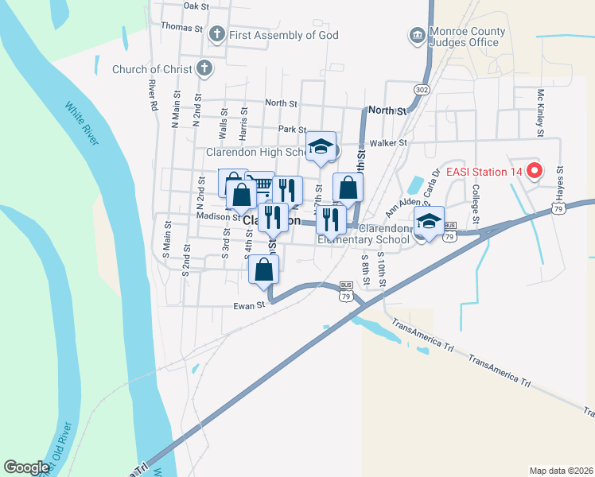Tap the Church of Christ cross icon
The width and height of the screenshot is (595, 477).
click(x=204, y=69)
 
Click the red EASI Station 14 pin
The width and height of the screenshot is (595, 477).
click(x=535, y=171)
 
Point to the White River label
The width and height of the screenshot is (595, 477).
click(x=82, y=124)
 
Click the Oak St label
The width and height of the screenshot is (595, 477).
click(x=196, y=6)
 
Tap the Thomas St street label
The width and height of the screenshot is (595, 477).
click(x=181, y=26)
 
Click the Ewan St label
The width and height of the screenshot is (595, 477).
click(x=248, y=305)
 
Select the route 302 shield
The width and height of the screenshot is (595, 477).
click(x=422, y=90)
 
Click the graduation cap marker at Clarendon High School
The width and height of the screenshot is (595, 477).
click(x=321, y=146)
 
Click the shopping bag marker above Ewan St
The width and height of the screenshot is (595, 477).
click(x=264, y=269)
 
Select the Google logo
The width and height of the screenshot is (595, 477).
click(x=26, y=467)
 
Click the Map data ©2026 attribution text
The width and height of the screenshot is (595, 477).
click(x=561, y=471)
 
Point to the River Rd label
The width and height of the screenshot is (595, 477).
click(x=152, y=95)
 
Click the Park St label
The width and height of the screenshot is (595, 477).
click(x=292, y=129)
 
